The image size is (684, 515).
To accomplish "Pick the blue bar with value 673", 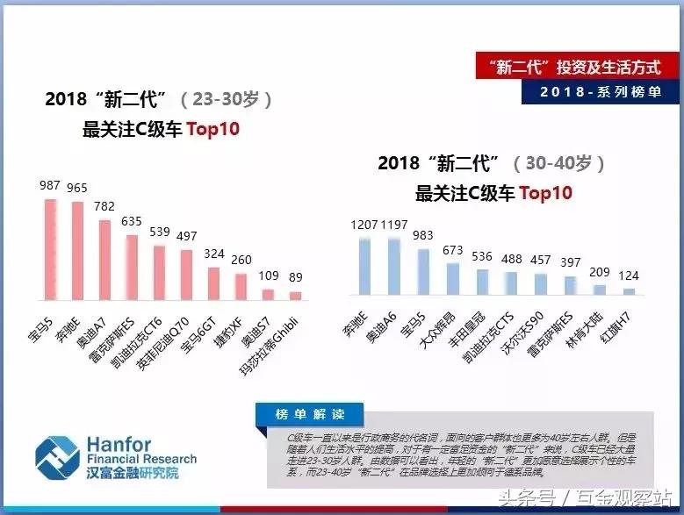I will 452,277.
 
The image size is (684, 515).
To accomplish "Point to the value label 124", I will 628,275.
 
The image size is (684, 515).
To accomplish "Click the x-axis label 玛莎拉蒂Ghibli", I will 272,342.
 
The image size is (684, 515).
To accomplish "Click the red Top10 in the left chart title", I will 212,129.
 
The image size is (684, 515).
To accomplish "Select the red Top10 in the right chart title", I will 545,193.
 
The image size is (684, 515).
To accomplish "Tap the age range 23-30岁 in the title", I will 227,99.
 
